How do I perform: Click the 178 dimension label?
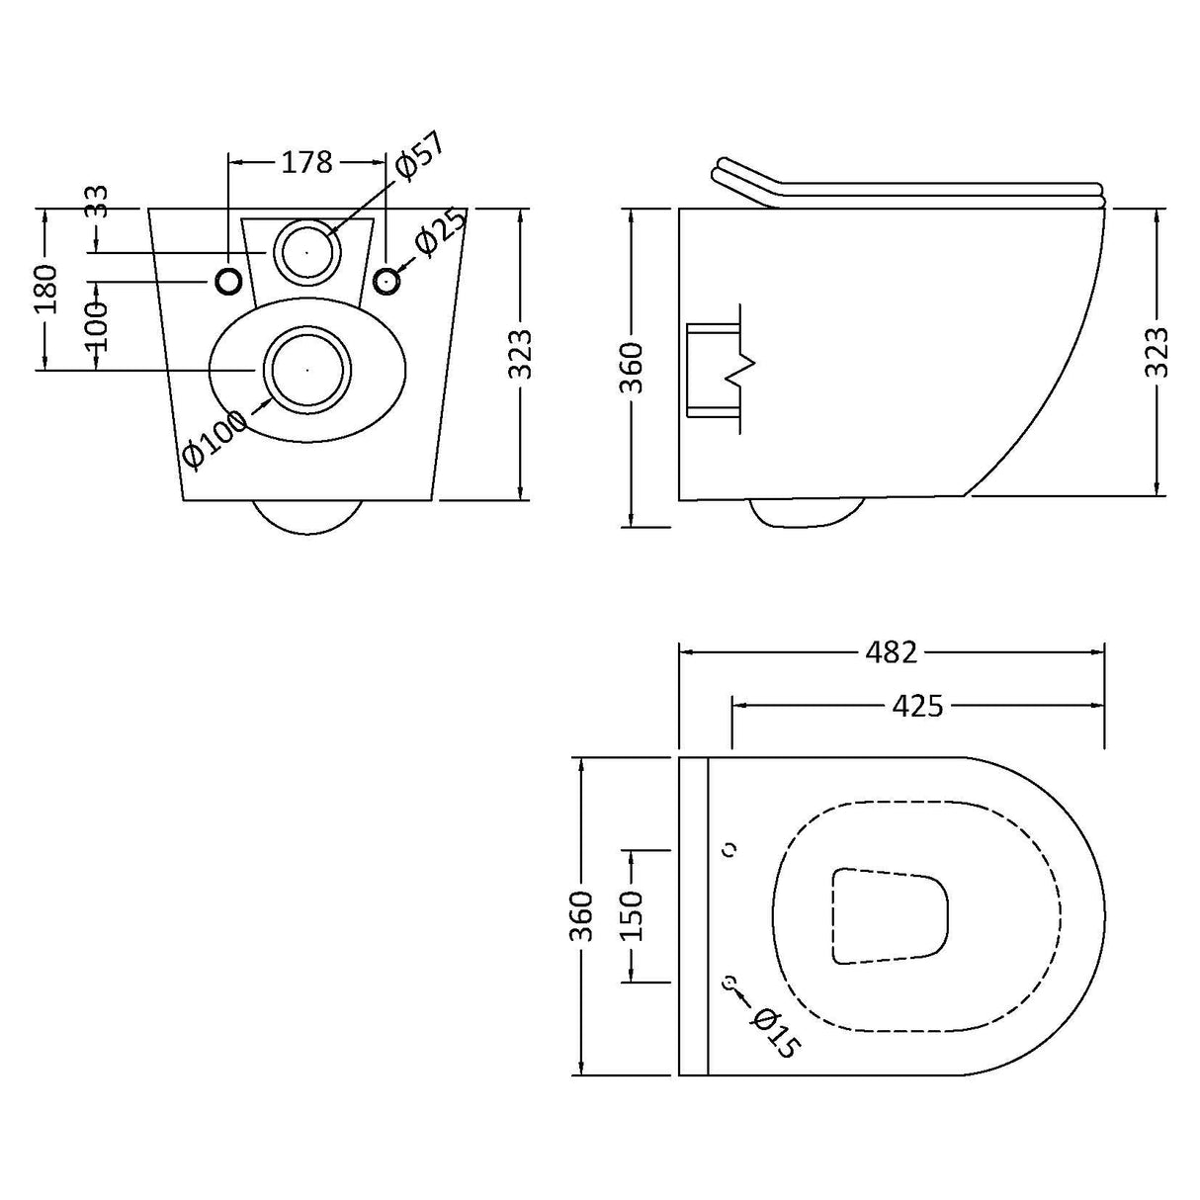point(307,162)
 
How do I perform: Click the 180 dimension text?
point(46,289)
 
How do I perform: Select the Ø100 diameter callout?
point(215,441)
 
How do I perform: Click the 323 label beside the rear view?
point(522,353)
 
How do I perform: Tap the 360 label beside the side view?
point(633,367)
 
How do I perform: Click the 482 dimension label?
point(891,652)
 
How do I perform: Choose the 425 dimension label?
point(917,706)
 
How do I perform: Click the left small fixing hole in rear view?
point(228,283)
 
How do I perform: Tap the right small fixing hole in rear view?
point(386,282)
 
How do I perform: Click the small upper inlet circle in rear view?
point(307,251)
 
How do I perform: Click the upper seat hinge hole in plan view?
point(731,849)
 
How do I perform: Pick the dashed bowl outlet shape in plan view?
point(889,915)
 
